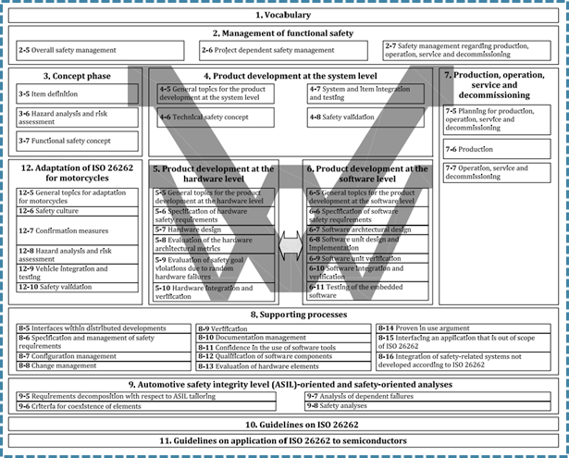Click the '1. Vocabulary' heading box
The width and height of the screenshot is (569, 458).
pos(283,16)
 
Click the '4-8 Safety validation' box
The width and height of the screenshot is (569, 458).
pos(365,118)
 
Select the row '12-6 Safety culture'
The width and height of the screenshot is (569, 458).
pos(75,211)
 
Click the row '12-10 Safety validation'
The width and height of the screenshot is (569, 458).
pos(75,287)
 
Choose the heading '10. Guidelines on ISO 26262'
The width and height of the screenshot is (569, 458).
pos(283,424)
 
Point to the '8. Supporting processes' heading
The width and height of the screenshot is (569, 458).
pos(283,316)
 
